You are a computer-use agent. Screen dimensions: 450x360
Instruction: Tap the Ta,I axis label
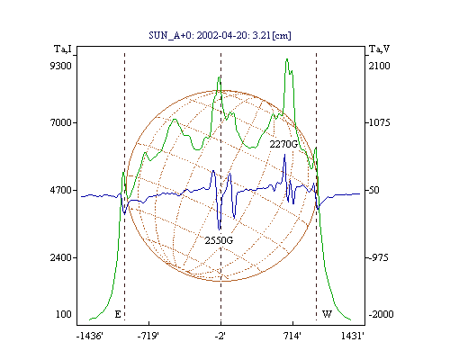(x=63, y=49)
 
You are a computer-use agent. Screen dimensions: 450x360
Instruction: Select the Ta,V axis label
(x=379, y=49)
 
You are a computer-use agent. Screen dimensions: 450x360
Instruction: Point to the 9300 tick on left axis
(x=61, y=66)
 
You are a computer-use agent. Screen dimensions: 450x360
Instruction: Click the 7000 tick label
(x=61, y=122)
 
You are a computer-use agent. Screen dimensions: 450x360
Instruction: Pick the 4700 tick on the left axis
(x=61, y=190)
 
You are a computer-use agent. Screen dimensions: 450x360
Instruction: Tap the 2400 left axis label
(x=61, y=257)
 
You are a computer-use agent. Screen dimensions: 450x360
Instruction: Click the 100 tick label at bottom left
(x=64, y=314)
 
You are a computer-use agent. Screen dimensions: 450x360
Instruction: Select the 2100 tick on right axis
(x=380, y=66)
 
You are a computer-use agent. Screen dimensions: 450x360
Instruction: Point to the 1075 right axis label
(x=380, y=122)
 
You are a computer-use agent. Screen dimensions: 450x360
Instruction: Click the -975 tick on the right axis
(x=379, y=257)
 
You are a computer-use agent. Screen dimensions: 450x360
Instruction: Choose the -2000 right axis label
(x=381, y=314)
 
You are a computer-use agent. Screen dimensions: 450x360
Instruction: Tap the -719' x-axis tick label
(x=148, y=336)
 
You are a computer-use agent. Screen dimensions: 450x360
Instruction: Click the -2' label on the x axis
(x=220, y=336)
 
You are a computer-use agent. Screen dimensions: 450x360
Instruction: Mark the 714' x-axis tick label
(x=292, y=336)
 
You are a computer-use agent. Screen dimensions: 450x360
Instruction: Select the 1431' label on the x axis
(x=353, y=336)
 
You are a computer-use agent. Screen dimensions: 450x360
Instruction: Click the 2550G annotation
(x=219, y=240)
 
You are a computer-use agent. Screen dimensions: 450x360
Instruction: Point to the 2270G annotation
(x=283, y=144)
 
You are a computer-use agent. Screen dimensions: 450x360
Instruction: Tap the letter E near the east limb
(x=118, y=314)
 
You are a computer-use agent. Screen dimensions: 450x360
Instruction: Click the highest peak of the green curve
(x=287, y=59)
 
